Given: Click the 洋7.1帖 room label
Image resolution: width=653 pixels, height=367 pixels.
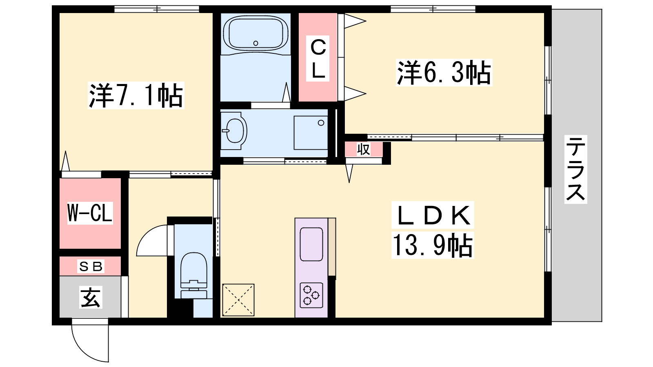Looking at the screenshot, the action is [x=136, y=95].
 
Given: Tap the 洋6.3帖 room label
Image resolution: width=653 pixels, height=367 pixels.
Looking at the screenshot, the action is [x=444, y=73].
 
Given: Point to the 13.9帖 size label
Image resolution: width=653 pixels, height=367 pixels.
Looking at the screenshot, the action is [x=433, y=245].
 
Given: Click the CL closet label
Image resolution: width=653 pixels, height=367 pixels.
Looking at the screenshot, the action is [x=318, y=59].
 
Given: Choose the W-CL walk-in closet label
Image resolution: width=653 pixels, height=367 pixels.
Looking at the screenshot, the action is [x=90, y=213].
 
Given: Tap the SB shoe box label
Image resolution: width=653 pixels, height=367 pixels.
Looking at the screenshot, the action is [x=91, y=266].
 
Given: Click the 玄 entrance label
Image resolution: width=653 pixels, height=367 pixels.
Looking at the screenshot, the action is [x=91, y=297].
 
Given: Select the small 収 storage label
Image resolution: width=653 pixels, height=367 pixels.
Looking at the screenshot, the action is [x=364, y=149].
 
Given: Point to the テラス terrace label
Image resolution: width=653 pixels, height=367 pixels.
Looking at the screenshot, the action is [x=575, y=169].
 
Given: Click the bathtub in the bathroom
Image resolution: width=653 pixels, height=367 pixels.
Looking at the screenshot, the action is [x=255, y=33].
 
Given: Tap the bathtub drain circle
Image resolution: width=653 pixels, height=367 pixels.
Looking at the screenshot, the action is [x=255, y=43].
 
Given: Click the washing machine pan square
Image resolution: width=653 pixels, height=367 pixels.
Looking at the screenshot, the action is [x=311, y=133].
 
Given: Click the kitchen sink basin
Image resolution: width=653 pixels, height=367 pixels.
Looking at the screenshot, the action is [x=311, y=244].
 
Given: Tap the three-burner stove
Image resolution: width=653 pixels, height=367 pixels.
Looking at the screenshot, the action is [x=311, y=295].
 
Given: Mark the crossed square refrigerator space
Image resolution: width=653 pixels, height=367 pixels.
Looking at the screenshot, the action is [x=238, y=300].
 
